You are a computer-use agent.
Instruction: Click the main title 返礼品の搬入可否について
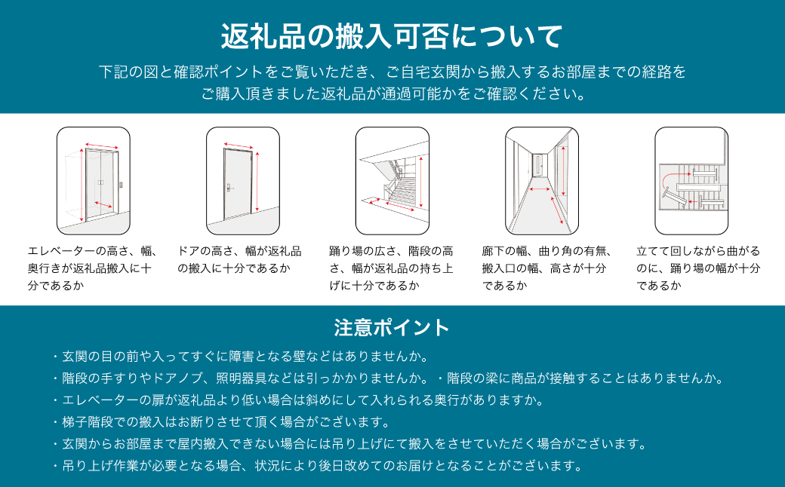pos(392,35)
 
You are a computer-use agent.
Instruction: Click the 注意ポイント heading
pos(392,328)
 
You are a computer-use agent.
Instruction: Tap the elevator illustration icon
pos(94,180)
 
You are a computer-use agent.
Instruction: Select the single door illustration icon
pos(243,180)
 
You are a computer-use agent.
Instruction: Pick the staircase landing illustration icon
pos(392,180)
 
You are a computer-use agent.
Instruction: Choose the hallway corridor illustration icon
pos(541,180)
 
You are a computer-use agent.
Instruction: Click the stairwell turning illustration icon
pos(691,180)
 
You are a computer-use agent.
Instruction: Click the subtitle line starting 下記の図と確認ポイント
pos(392,72)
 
